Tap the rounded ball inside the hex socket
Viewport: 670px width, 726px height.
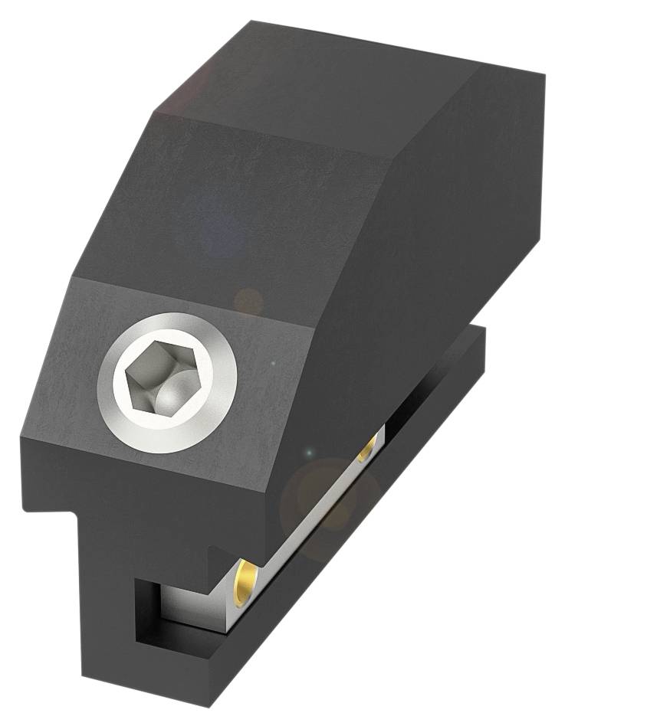point(170,396)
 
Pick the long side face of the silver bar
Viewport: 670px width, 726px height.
point(307,528)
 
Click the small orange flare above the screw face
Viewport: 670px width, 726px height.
point(247,301)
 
